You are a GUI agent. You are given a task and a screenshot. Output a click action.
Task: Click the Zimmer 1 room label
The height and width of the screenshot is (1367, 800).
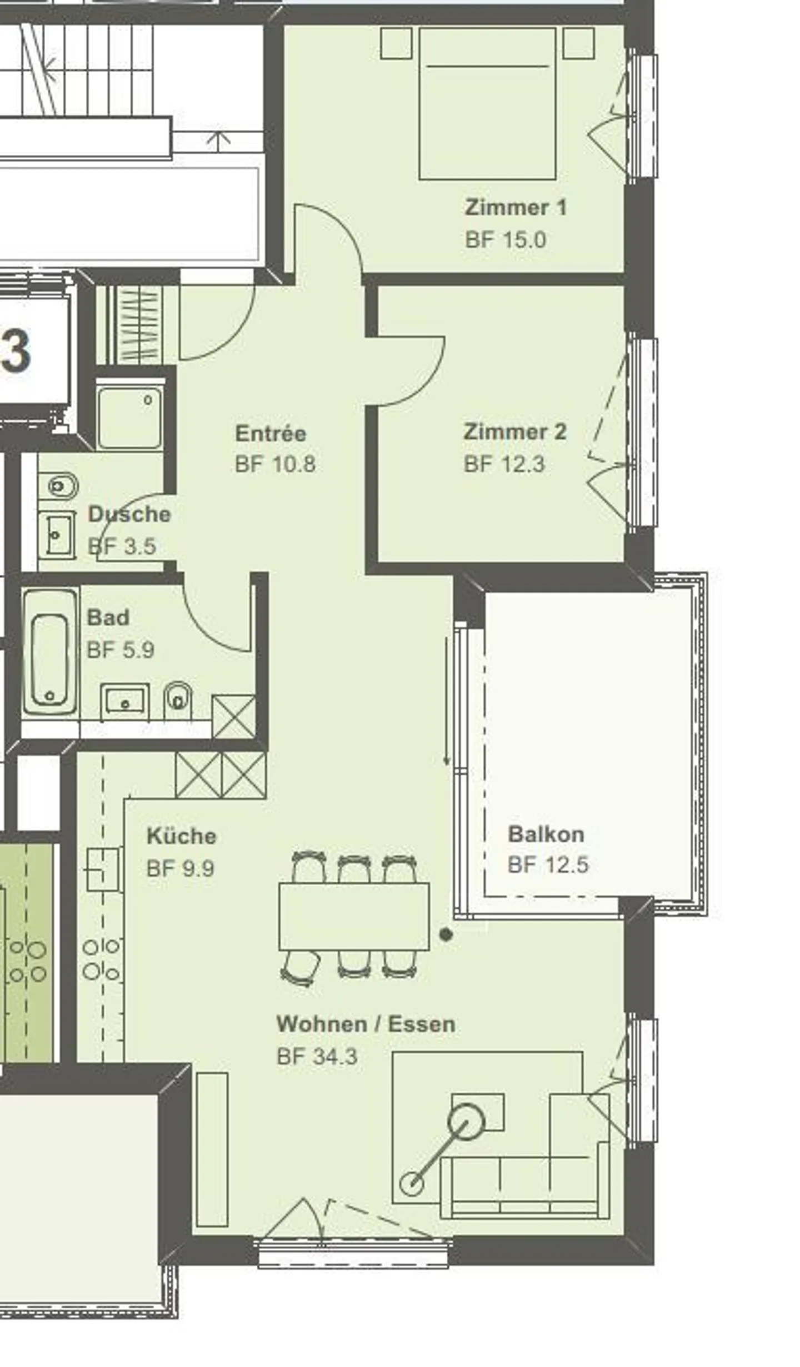(515, 208)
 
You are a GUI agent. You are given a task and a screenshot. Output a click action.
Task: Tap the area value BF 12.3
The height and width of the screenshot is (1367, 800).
(504, 464)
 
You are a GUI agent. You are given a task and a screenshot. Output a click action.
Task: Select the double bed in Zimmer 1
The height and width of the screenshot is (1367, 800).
(487, 104)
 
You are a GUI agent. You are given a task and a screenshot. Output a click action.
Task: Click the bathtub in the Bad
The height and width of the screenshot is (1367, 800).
(50, 652)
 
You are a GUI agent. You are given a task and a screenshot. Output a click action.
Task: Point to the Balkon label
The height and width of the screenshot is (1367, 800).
(546, 834)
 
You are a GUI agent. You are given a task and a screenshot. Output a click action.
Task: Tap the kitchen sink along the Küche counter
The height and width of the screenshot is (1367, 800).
(104, 870)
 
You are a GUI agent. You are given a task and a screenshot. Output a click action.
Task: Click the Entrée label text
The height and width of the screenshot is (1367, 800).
(270, 433)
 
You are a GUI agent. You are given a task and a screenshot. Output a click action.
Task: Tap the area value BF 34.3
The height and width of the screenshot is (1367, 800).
(317, 1056)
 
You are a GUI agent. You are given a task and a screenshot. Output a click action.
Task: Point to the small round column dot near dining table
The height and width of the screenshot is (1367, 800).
(446, 935)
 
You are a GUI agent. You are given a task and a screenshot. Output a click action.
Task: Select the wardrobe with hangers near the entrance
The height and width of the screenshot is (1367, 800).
(139, 325)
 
